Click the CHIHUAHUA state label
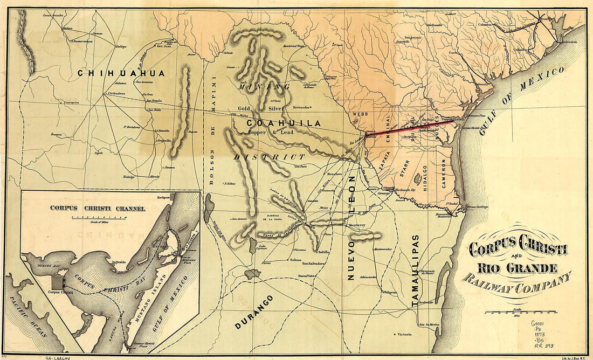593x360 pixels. coord(120,73)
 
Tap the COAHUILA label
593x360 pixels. coord(284,123)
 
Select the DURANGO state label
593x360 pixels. coord(254,313)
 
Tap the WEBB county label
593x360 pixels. coord(360,114)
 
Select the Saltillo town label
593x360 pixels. coord(323,252)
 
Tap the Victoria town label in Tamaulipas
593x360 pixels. coord(408,334)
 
